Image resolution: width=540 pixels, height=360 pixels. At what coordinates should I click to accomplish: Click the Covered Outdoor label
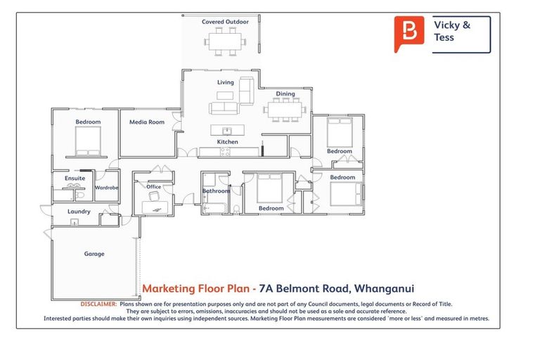(225, 22)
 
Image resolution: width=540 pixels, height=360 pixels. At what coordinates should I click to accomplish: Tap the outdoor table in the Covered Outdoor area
(225, 41)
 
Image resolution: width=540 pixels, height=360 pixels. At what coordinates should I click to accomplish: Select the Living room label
(225, 82)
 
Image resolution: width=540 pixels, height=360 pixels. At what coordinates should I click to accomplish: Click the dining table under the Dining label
(285, 109)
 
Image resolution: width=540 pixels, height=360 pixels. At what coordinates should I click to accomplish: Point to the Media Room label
(146, 122)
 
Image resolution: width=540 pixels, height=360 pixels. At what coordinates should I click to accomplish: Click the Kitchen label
(227, 142)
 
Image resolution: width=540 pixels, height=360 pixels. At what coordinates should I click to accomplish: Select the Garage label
(94, 254)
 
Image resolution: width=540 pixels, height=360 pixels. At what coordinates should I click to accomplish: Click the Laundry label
(79, 211)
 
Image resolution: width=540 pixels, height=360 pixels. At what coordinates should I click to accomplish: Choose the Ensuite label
(75, 179)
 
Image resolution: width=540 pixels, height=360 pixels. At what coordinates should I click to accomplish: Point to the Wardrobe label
(106, 188)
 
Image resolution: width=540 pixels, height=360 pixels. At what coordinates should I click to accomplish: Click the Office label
(153, 187)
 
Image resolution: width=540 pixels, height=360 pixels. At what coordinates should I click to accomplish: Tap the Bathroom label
(216, 191)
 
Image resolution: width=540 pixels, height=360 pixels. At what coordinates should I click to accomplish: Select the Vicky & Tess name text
(452, 31)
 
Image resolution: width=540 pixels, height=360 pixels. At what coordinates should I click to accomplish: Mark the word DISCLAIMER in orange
(98, 304)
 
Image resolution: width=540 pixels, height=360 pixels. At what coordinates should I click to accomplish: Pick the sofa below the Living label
(224, 109)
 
